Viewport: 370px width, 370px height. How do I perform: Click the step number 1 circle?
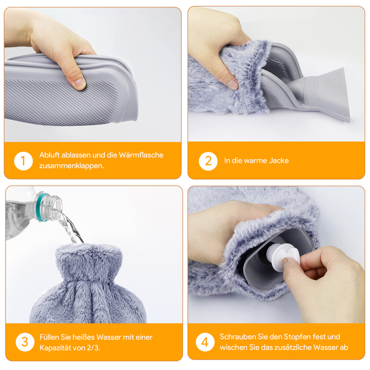[23, 161]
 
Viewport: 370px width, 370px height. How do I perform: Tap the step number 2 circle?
[208, 161]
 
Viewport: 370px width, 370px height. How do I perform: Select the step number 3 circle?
[25, 342]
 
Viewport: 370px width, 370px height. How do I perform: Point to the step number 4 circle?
[205, 342]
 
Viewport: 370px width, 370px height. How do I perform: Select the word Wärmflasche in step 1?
[141, 155]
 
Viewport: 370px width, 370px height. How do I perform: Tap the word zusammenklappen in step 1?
[71, 166]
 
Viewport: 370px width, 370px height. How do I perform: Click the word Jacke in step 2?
[279, 160]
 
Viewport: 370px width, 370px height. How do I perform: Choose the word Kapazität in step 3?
[55, 348]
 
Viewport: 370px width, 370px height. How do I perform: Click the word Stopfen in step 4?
[297, 337]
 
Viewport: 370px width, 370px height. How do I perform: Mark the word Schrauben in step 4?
[237, 337]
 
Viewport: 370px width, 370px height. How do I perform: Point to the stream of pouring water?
[70, 227]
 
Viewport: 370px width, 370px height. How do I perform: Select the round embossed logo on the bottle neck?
[333, 83]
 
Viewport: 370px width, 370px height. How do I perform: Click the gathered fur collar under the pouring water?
[88, 262]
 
